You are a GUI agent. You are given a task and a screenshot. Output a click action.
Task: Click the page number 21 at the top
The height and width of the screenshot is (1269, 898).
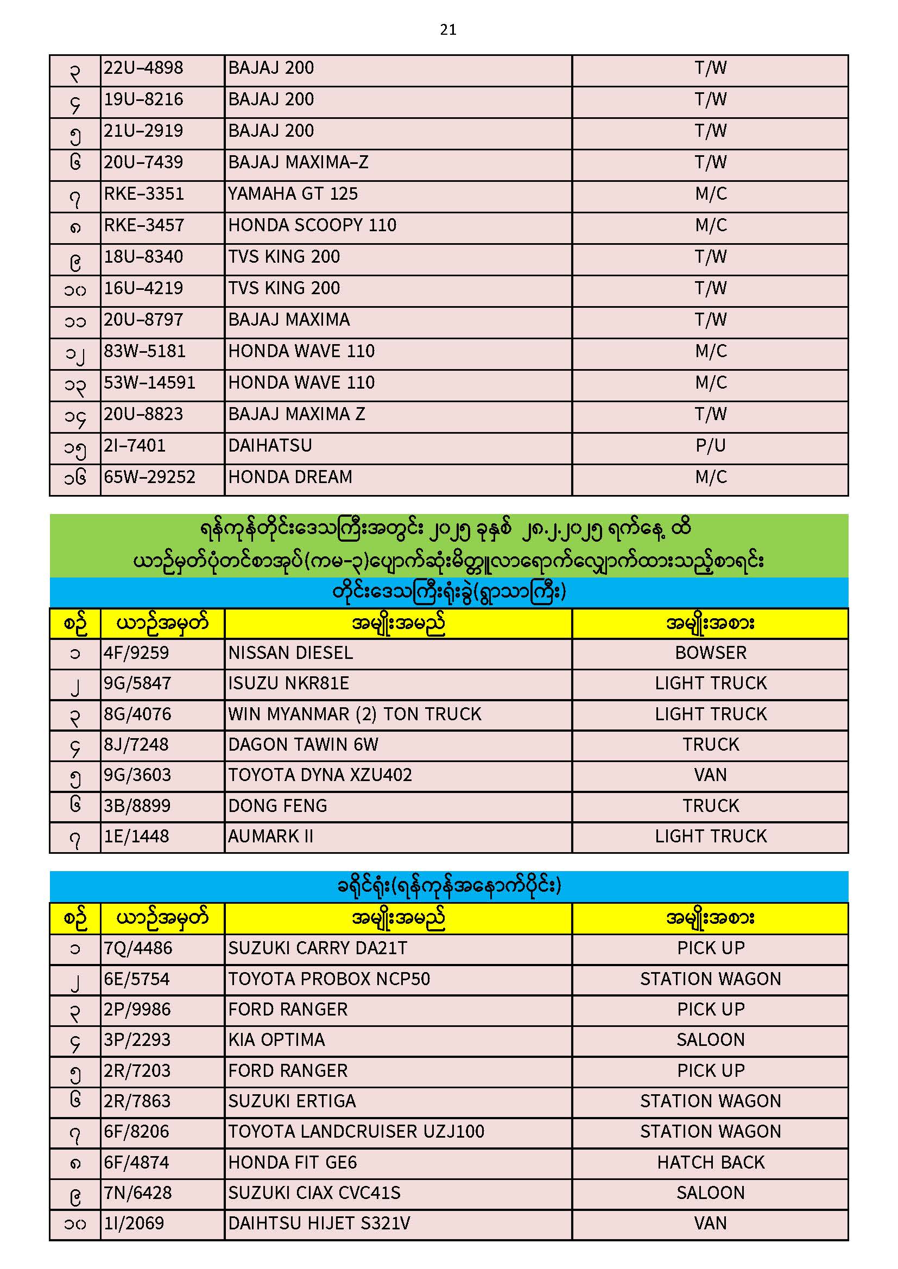448,30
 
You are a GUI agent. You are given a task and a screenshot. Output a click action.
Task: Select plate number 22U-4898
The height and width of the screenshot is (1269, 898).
143,68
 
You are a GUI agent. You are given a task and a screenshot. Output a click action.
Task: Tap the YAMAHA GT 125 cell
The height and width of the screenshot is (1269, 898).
293,194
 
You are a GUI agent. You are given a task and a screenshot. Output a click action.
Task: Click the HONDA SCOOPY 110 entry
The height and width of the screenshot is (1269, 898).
312,225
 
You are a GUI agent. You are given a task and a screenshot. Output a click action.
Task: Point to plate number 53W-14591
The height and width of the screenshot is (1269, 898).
149,383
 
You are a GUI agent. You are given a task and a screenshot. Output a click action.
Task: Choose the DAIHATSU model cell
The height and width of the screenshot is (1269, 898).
270,446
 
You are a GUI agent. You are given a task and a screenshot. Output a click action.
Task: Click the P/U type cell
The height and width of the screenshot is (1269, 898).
710,446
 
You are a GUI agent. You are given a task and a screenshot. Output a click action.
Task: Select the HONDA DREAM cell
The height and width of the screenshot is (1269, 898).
290,477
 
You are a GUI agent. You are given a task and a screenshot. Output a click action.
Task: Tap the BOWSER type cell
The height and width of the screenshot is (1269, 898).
710,653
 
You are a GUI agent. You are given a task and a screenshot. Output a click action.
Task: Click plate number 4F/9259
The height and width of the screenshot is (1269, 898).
136,653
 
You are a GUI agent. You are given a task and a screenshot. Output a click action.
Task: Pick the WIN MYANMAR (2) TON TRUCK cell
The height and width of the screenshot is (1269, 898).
355,714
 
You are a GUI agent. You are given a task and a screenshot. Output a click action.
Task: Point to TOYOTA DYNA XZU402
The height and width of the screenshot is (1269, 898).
320,775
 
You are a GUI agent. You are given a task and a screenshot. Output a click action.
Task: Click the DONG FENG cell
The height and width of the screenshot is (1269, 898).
277,806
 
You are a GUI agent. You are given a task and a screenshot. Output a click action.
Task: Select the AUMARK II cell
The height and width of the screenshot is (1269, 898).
270,836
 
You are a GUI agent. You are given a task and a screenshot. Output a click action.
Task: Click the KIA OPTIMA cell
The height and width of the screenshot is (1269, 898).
276,1040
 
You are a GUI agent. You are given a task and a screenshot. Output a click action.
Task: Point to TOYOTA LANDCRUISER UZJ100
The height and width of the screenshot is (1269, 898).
356,1132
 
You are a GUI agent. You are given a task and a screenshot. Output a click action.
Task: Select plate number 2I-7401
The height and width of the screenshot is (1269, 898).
134,446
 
